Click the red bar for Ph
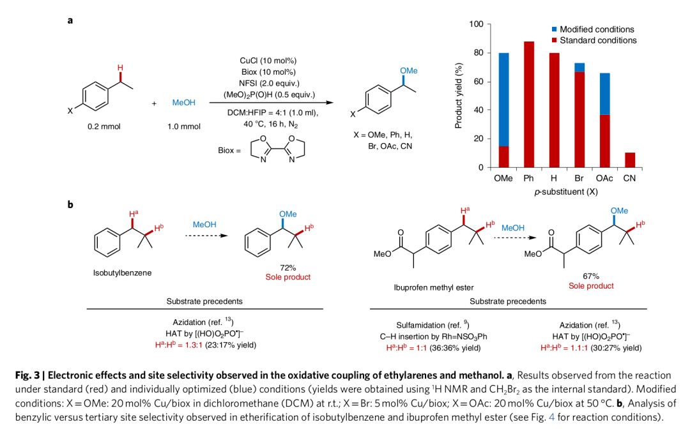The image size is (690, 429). (x=529, y=105)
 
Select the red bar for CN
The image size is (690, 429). (x=630, y=160)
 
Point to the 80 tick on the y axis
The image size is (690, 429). (x=479, y=53)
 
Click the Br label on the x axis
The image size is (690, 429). (x=579, y=179)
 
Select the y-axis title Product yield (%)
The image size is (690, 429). (x=459, y=95)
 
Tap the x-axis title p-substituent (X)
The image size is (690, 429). (x=566, y=191)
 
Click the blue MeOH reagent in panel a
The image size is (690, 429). (x=184, y=102)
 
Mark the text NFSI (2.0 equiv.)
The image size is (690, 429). (x=268, y=82)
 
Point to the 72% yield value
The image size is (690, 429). (x=287, y=267)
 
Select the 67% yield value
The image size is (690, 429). (x=591, y=276)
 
